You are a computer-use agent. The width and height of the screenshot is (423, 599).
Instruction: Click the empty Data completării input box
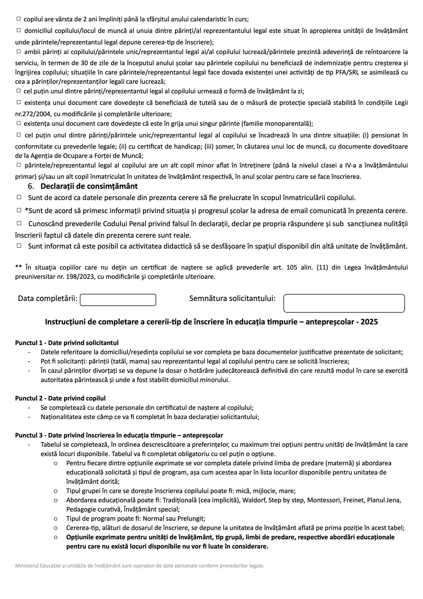coord(118,300)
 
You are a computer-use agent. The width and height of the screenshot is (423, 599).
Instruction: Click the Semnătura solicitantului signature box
coord(344,303)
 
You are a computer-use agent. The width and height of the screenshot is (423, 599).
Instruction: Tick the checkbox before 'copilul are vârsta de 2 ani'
coord(19,19)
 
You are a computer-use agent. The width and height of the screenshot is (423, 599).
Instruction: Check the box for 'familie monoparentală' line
coord(19,123)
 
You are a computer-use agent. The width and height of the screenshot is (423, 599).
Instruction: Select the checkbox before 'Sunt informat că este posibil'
coord(19,245)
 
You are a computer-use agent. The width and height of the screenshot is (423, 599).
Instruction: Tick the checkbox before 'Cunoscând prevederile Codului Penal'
coord(19,223)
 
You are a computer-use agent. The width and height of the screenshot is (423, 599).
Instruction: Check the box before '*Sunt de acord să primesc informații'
coord(19,210)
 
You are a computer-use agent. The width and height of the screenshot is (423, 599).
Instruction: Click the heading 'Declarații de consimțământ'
coord(89,186)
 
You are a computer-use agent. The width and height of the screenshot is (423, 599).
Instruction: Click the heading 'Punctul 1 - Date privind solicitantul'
coord(67,343)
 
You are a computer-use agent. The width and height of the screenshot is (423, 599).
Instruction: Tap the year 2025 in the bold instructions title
coord(369,322)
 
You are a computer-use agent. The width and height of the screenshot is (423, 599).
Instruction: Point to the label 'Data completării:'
coord(48,299)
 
